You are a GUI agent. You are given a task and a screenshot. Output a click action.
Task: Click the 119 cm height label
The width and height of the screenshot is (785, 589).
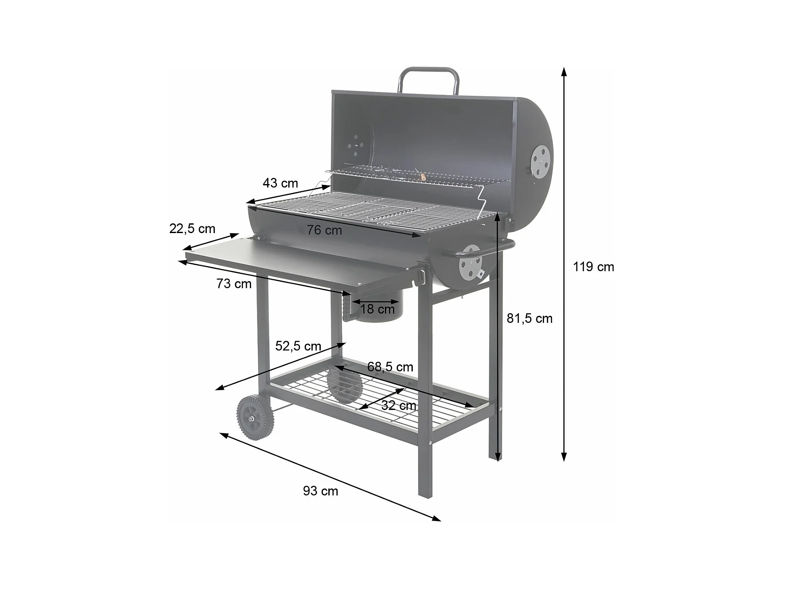593,267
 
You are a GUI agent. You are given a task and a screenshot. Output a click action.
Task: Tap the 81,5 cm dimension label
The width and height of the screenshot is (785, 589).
529,318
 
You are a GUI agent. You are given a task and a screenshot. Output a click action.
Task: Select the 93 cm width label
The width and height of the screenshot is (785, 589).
320,491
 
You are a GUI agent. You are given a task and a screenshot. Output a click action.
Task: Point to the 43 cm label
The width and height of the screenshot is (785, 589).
280,183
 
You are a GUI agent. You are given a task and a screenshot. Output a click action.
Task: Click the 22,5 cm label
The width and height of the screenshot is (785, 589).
192,228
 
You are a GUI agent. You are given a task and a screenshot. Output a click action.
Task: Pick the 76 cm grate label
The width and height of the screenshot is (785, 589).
324,230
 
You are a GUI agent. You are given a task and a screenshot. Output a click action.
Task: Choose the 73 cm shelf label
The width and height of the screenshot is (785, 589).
234,284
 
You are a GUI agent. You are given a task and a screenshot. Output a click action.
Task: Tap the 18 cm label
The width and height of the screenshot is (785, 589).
377,309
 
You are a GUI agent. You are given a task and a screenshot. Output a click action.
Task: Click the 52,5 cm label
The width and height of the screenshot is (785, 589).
298,346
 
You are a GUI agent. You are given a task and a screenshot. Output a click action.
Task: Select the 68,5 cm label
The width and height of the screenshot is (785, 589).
390,367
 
